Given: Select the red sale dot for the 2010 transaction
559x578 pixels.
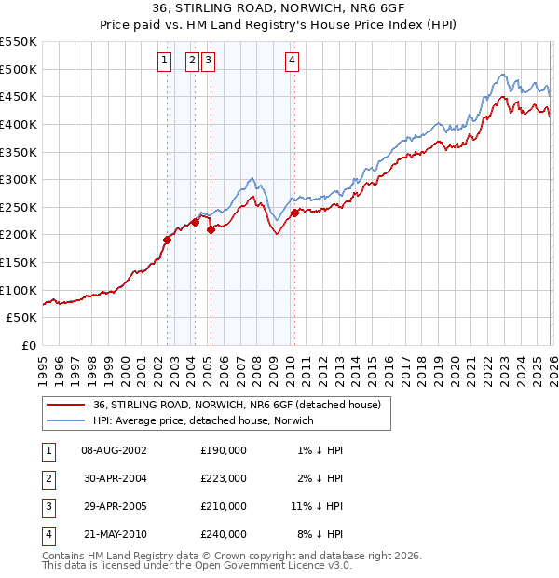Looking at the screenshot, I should (x=294, y=213).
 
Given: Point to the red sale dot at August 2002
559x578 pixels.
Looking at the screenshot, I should (x=168, y=240).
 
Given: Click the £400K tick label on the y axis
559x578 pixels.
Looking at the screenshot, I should (x=19, y=124).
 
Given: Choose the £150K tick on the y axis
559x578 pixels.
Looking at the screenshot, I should (x=19, y=262).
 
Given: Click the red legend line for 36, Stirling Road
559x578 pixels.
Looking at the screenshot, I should (x=65, y=406).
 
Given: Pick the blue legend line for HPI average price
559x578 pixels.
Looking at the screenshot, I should (x=65, y=420).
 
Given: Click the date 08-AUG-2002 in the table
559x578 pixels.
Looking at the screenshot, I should (x=114, y=449).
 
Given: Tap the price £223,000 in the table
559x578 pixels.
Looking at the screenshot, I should (x=223, y=478).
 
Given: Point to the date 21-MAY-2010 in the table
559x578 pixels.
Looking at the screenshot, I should (x=114, y=534).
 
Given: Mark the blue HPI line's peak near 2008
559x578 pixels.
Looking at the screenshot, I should (x=252, y=176).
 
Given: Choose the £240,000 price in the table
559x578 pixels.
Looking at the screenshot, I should (x=223, y=534).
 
